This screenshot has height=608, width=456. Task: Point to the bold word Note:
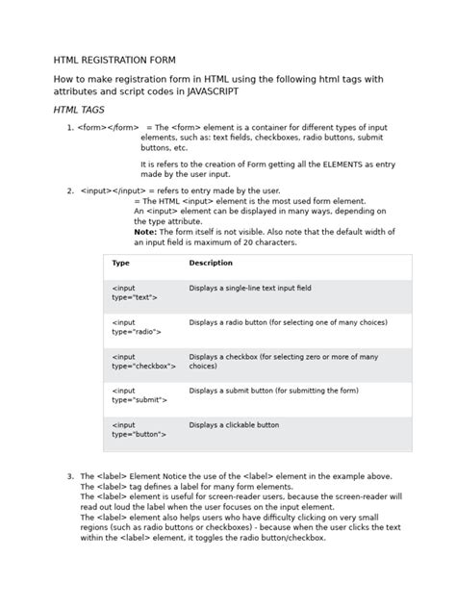144,232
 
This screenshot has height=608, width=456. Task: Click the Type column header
121,263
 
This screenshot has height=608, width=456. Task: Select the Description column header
211,263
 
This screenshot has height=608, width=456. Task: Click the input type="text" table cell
134,292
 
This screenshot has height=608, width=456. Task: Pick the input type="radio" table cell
136,326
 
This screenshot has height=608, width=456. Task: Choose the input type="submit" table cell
139,395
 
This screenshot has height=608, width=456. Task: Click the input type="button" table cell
139,429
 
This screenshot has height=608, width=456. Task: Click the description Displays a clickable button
234,424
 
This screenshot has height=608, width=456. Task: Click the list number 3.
70,476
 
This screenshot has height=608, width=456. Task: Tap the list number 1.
70,128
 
